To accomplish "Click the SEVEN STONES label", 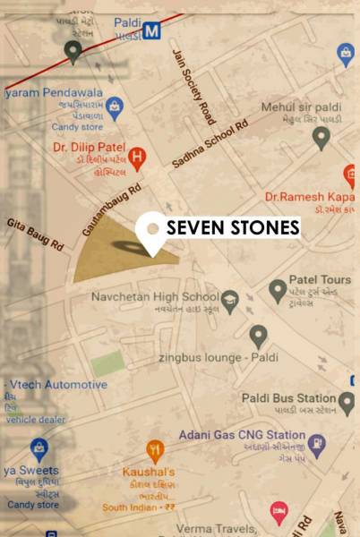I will pos(233,227).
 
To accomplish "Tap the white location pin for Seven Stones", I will pos(153,231).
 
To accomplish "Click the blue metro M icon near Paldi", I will pos(152,30).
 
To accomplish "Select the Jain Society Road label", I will pos(193,87).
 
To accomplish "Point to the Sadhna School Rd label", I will pos(208,144).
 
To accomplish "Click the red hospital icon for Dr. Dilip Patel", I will pos(137,158).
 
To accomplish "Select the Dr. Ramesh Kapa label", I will pos(311,196).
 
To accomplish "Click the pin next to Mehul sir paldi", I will pos(321,137).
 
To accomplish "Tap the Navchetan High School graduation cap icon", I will pos(230,297).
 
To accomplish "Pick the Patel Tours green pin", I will pos(279,289).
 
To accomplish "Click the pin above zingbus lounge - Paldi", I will pos(259,336).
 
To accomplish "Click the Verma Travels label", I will pos(215,529).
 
